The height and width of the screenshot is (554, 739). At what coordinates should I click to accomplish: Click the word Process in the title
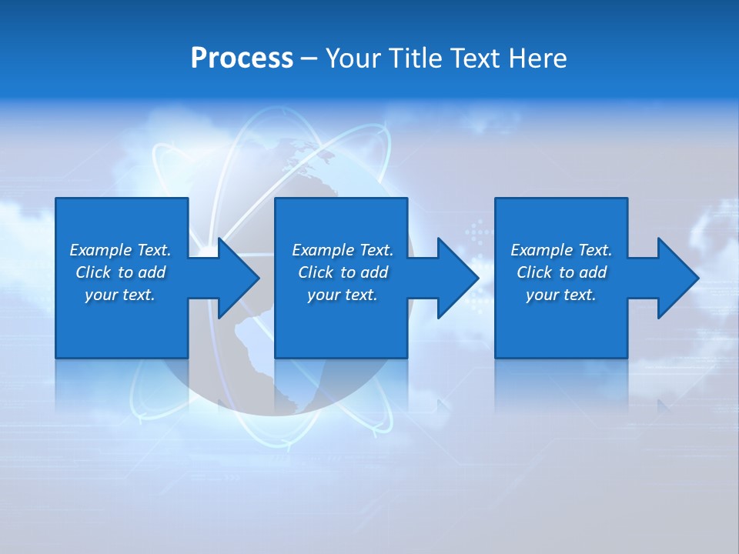tap(242, 58)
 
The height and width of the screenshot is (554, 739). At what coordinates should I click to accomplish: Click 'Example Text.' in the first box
tap(120, 250)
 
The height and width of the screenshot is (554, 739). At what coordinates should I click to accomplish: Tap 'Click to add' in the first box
tap(120, 272)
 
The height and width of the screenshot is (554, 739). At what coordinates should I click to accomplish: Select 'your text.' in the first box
tap(120, 295)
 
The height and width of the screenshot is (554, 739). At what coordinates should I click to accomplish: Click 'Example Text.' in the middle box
tap(343, 250)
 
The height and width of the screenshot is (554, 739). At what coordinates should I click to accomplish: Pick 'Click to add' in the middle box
tap(343, 272)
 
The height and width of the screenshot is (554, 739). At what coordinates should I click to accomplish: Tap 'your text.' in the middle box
tap(343, 295)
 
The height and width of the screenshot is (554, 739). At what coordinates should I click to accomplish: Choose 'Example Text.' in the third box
tap(561, 250)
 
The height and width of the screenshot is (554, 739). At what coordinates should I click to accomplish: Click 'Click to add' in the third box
tap(561, 272)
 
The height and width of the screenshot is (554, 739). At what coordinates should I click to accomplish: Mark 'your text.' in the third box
tap(561, 295)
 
